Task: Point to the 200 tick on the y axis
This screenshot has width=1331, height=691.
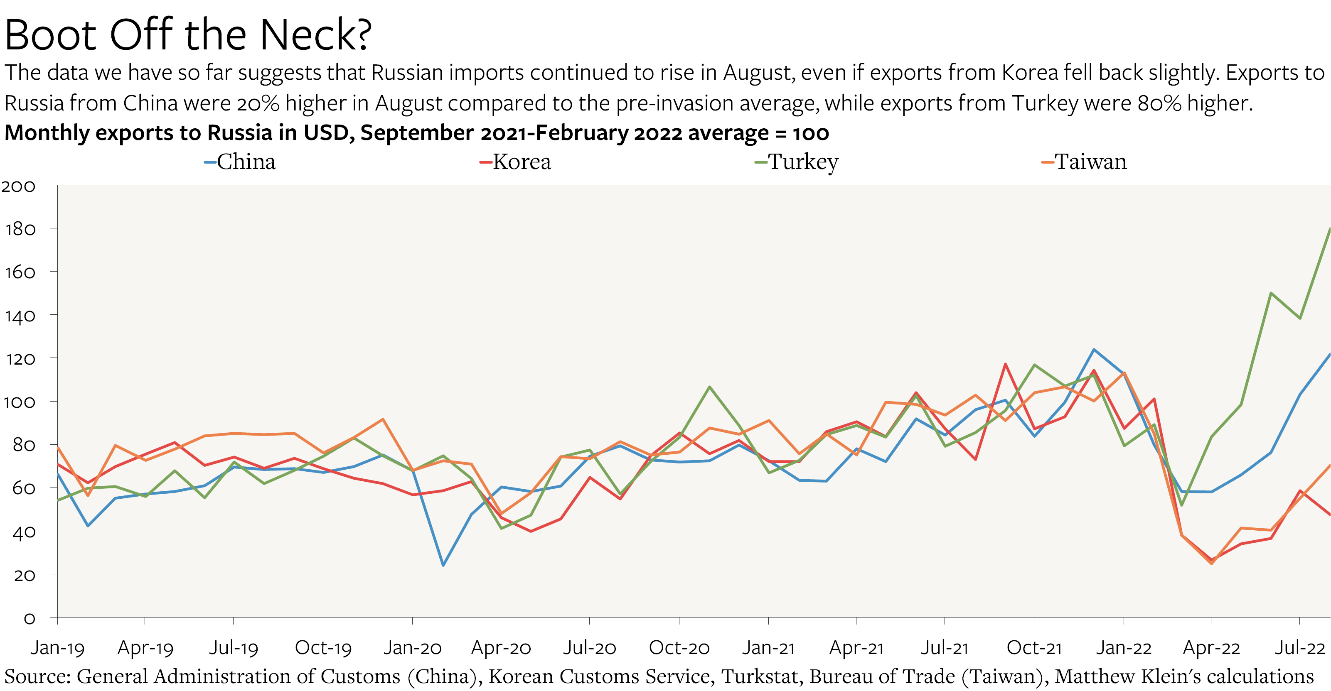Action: [x=19, y=186]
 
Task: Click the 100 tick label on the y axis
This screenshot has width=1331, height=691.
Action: [x=19, y=402]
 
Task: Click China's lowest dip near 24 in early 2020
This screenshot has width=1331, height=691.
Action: [x=443, y=565]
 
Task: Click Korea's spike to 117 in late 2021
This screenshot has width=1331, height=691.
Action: [x=1005, y=364]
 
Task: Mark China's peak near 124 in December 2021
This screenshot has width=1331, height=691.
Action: [x=1094, y=350]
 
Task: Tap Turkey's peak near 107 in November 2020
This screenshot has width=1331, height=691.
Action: [x=709, y=386]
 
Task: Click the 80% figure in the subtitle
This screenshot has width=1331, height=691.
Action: [x=1159, y=103]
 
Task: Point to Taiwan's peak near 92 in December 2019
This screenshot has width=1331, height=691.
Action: [x=383, y=419]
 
